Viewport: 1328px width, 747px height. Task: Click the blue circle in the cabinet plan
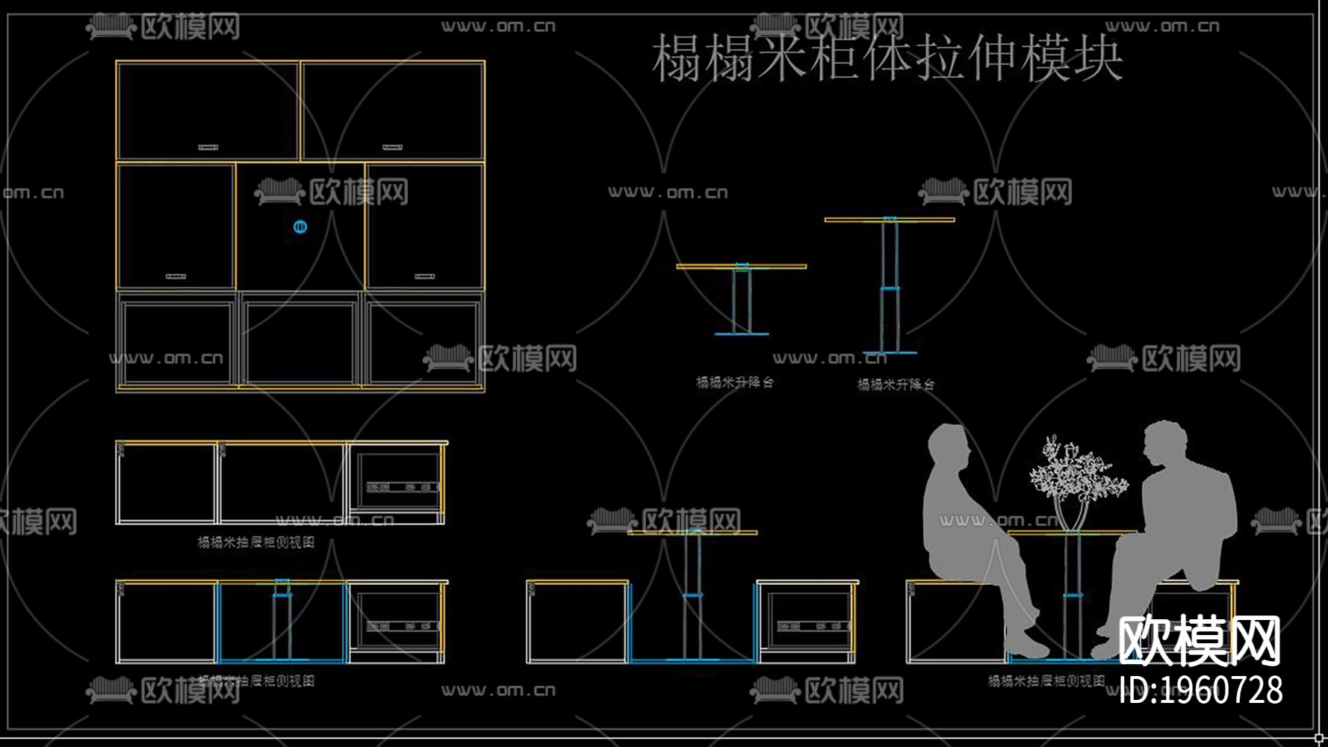pyautogui.click(x=300, y=226)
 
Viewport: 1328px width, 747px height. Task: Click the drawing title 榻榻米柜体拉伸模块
pyautogui.click(x=887, y=58)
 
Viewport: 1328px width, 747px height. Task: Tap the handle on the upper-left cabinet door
pyautogui.click(x=208, y=147)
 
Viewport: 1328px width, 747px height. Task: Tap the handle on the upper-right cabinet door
pyautogui.click(x=392, y=147)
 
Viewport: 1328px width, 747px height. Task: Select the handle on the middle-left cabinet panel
pyautogui.click(x=176, y=276)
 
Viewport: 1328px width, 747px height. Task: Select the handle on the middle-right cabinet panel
pyautogui.click(x=424, y=276)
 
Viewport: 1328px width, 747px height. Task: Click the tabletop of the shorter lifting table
pyautogui.click(x=741, y=266)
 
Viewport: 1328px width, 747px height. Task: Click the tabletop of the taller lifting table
pyautogui.click(x=889, y=220)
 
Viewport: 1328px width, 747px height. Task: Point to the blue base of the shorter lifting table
pyautogui.click(x=741, y=334)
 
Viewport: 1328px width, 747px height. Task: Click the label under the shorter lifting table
pyautogui.click(x=735, y=382)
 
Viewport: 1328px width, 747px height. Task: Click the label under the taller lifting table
pyautogui.click(x=896, y=385)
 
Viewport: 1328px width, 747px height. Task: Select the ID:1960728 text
pyautogui.click(x=1201, y=690)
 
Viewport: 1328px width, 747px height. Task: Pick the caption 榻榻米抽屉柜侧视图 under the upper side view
pyautogui.click(x=255, y=542)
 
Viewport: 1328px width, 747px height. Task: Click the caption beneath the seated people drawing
pyautogui.click(x=1046, y=681)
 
